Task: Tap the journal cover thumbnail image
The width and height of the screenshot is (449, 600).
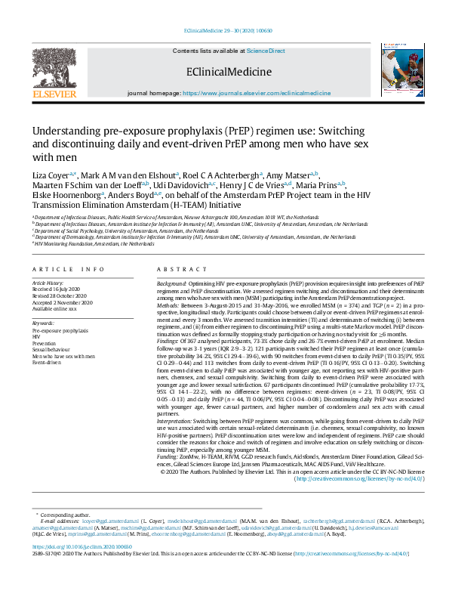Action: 395,68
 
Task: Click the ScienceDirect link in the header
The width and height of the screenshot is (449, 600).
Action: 266,51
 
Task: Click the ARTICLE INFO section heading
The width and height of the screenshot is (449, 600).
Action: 69,270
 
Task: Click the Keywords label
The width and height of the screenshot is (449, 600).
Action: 45,323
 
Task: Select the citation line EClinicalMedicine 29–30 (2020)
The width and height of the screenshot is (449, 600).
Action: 223,31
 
